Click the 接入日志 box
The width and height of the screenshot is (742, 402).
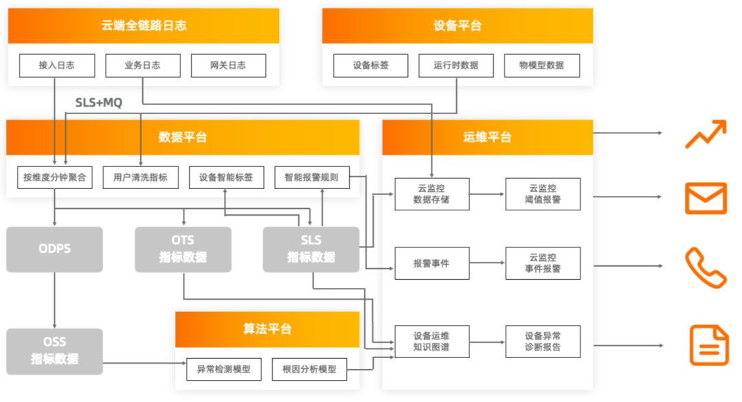pos(56,66)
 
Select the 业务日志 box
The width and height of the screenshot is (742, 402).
pos(142,66)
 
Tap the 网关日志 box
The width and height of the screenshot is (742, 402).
pos(228,66)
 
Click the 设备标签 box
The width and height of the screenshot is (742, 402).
pos(371,66)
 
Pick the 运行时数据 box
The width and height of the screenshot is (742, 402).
pos(456,66)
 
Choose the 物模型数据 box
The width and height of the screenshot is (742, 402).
pos(542,66)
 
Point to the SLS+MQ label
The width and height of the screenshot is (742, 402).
pos(98,103)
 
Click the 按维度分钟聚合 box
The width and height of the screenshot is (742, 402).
pos(55,177)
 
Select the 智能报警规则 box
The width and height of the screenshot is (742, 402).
pos(311,177)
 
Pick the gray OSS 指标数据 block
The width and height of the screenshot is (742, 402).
pos(54,351)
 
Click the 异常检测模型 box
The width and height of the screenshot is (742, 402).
pos(224,369)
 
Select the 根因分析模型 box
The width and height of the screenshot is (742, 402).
pos(309,369)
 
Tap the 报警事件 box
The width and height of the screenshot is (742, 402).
pos(431,263)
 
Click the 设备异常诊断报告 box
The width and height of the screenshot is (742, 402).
pos(543,341)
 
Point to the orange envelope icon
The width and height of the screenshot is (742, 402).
pos(706,199)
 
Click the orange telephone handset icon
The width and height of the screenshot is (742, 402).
pos(706,268)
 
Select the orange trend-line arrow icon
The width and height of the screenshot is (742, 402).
pos(706,134)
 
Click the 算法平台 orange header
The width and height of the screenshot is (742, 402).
pos(267,328)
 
